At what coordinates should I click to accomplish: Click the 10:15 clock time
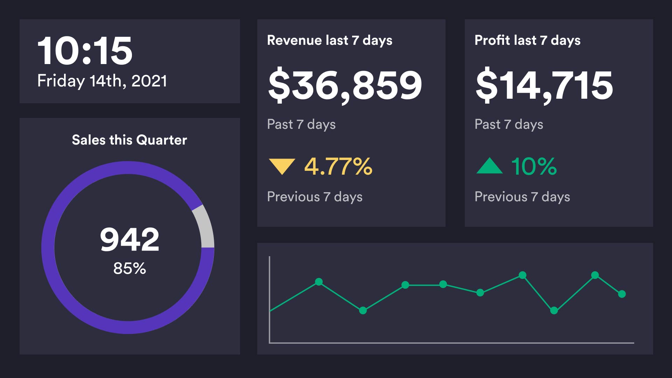tap(85, 51)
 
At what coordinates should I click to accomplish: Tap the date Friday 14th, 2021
tap(102, 81)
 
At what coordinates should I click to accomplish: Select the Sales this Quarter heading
tap(129, 140)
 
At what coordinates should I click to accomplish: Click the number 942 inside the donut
tap(129, 240)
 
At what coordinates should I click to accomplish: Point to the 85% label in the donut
tap(129, 268)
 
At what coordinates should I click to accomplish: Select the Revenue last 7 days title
tap(329, 40)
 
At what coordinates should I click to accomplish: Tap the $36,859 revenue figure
tap(345, 85)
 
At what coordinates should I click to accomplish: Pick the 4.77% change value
tap(338, 166)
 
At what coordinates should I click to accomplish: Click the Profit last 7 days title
tap(527, 40)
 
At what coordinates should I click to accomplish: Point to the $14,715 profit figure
tap(544, 85)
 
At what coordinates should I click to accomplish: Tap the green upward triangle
tap(489, 166)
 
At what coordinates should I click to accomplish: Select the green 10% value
tap(534, 166)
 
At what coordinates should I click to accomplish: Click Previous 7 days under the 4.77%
tap(314, 197)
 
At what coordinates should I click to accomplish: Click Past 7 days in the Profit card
tap(509, 124)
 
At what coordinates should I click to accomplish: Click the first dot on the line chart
tap(319, 282)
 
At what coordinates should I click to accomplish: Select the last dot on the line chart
tap(622, 294)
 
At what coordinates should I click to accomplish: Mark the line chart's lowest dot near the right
tap(554, 310)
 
